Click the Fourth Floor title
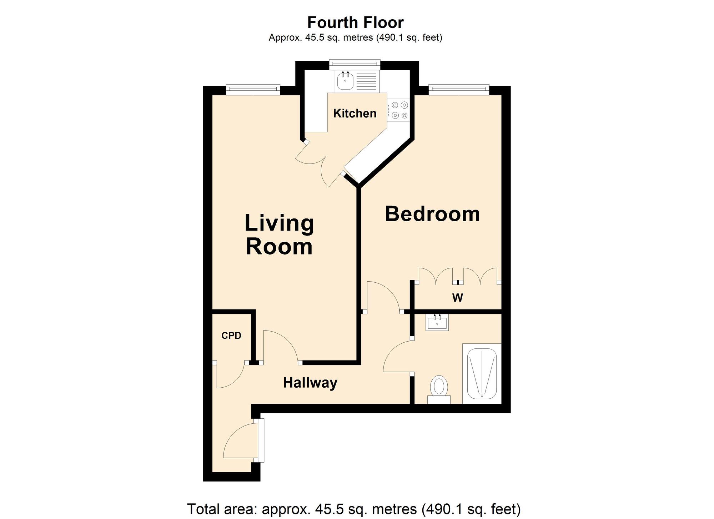[x=355, y=22]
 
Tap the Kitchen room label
[x=355, y=114]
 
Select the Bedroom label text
[x=432, y=214]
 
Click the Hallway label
[x=310, y=383]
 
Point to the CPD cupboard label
[x=231, y=336]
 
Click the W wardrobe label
[x=457, y=298]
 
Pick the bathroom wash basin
[x=437, y=323]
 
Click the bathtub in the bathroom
[x=482, y=373]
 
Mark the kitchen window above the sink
[x=355, y=64]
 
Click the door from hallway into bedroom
[x=382, y=296]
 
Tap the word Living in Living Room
[x=279, y=223]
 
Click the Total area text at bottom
[x=354, y=509]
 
